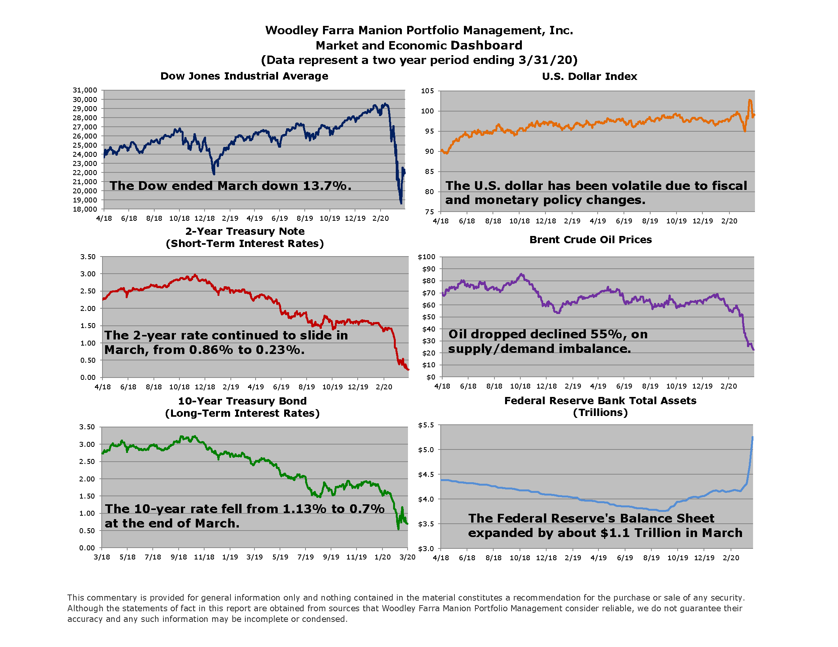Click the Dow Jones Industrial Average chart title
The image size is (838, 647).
(244, 76)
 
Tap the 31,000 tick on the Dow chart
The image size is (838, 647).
(85, 90)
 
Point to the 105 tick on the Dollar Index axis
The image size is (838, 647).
(427, 91)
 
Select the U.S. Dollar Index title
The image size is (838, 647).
(589, 76)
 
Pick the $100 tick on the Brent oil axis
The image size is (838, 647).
(426, 257)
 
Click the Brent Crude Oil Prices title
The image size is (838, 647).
(590, 239)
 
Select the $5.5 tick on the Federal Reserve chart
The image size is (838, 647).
(426, 425)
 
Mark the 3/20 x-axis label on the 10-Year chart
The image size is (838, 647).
(408, 557)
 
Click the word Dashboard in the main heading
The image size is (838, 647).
(486, 45)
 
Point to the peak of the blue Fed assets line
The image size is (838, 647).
(752, 437)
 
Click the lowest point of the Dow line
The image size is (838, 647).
(401, 204)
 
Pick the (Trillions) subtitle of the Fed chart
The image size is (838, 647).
(600, 413)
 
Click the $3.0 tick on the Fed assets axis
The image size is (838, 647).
(426, 548)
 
